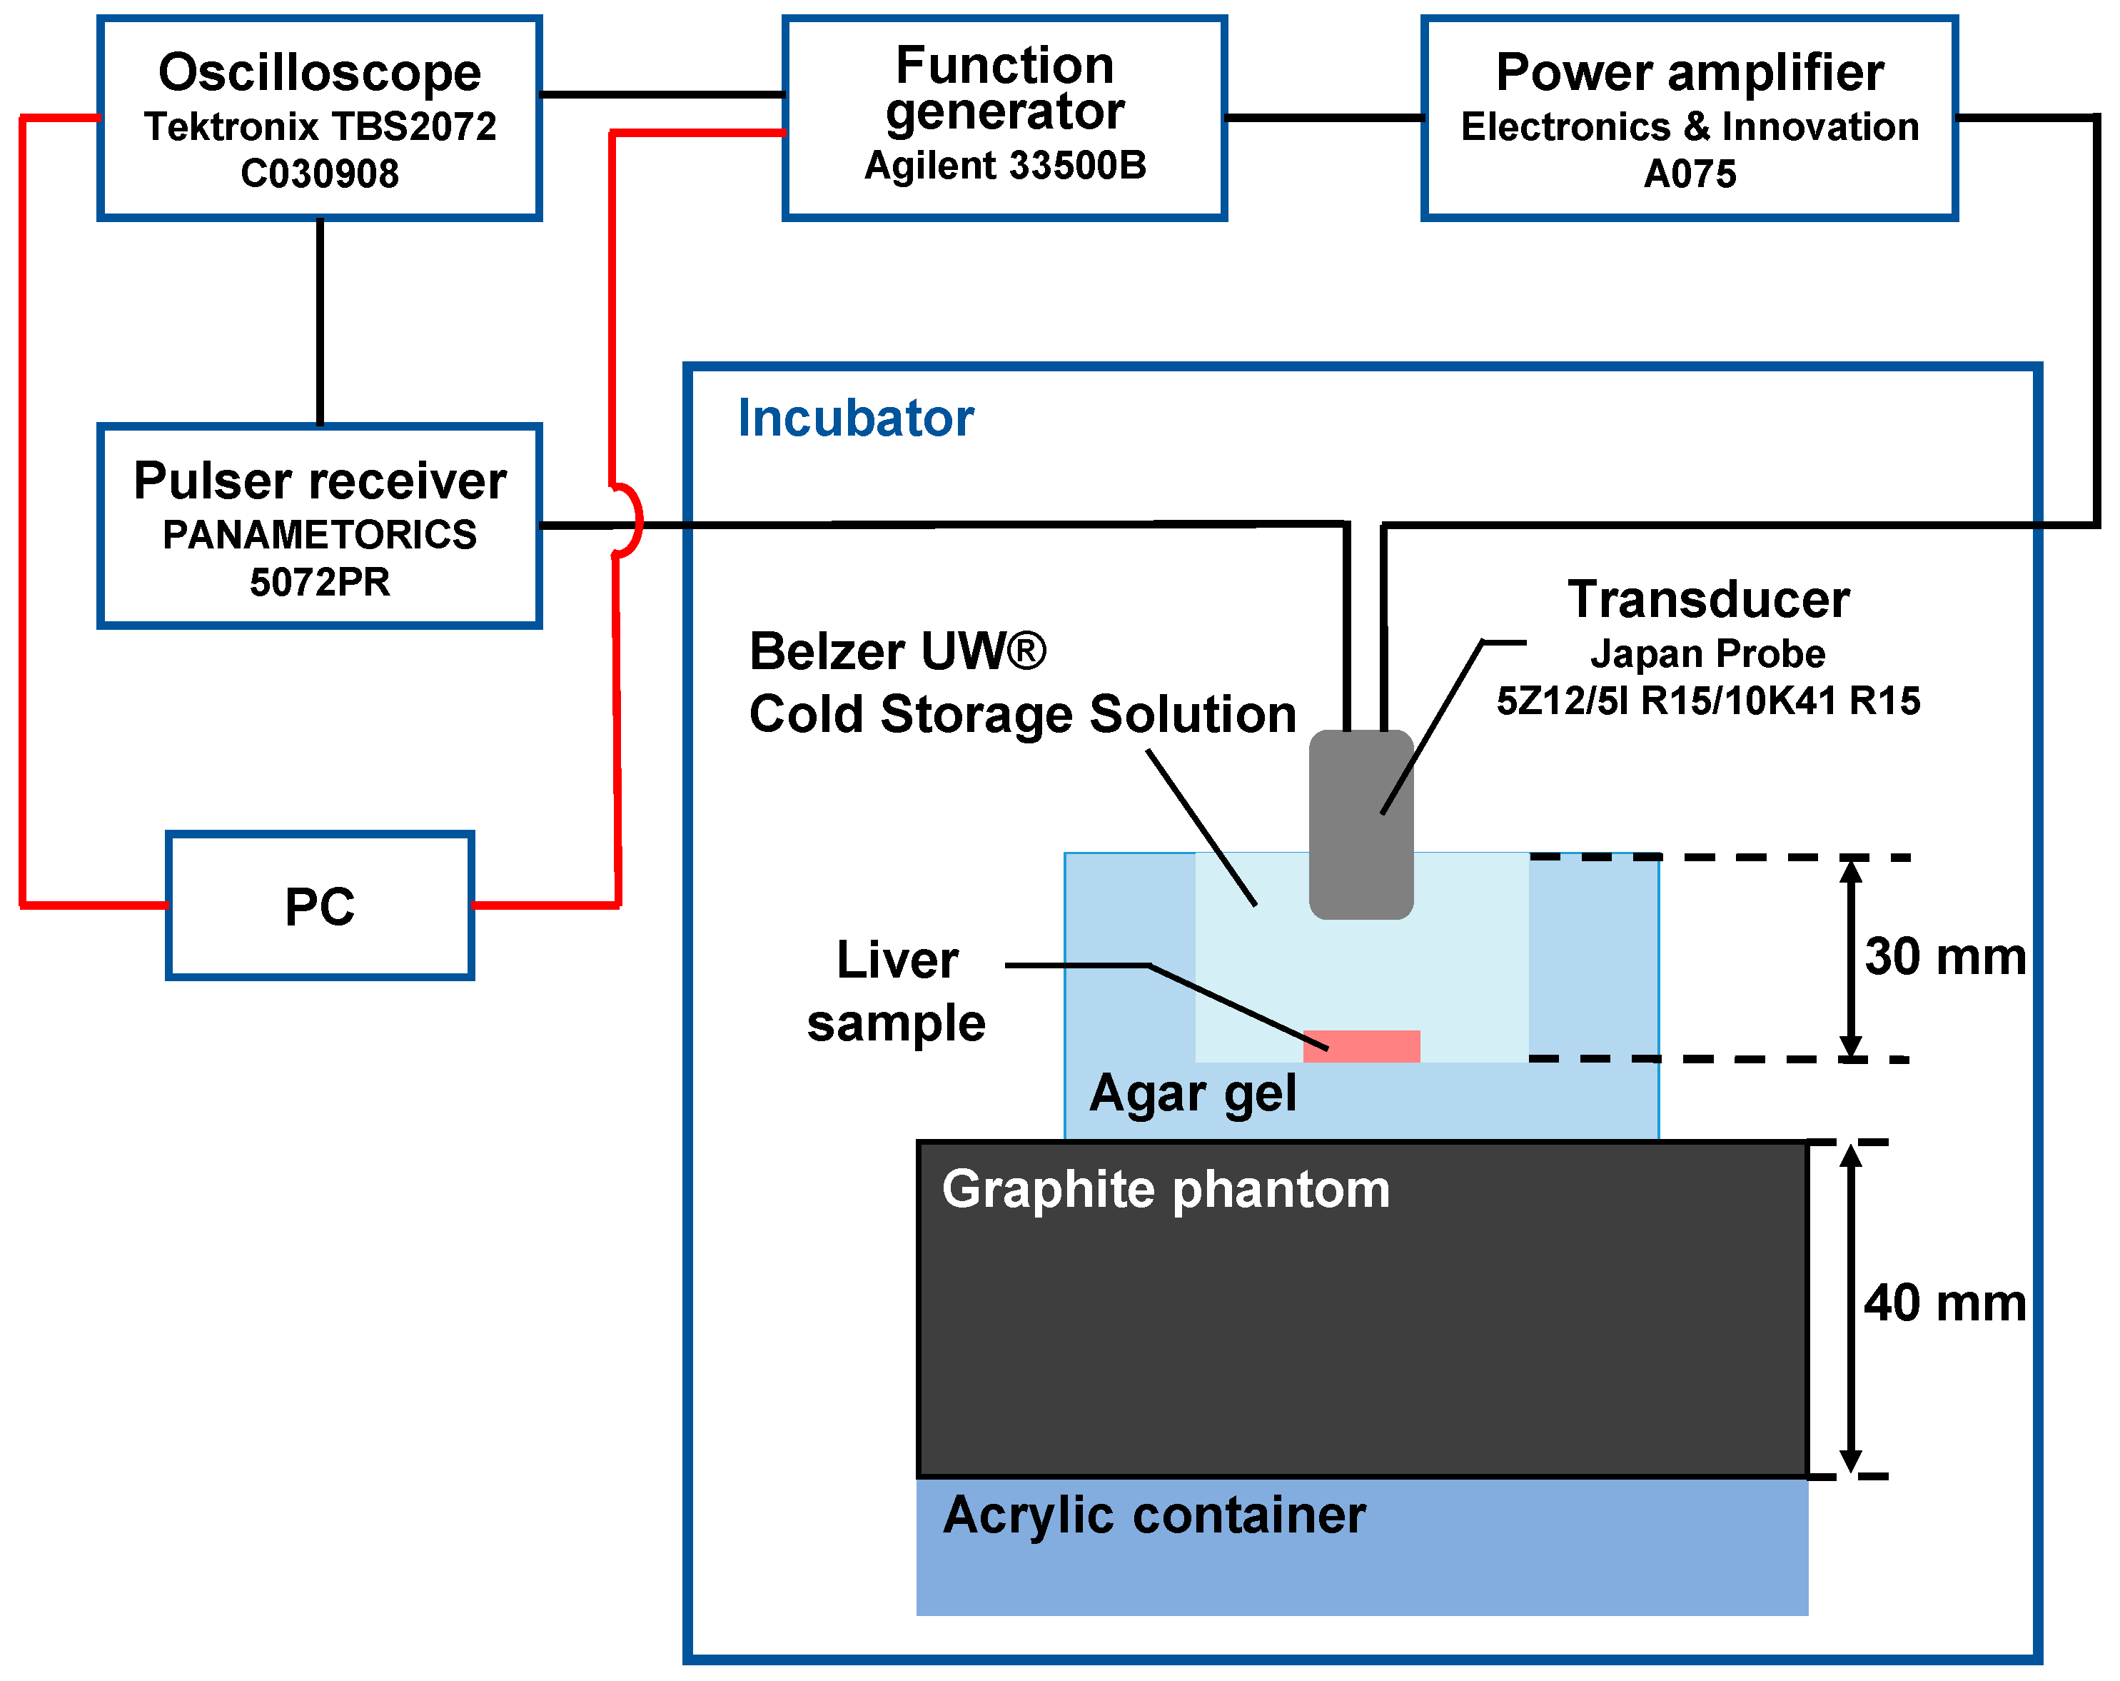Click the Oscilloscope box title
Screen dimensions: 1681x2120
(x=320, y=73)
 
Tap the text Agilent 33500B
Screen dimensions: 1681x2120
(x=1005, y=165)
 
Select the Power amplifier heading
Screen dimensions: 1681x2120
(x=1690, y=73)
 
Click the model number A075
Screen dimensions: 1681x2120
(x=1690, y=174)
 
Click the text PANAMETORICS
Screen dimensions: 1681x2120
(x=320, y=535)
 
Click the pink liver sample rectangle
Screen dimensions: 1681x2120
(x=1361, y=1045)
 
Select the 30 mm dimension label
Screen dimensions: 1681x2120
(x=1944, y=957)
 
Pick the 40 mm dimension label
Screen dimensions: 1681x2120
(x=1944, y=1303)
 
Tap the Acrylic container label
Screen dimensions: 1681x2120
(x=1154, y=1515)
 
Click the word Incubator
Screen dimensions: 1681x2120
(x=855, y=418)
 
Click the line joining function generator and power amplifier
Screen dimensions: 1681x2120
(x=1325, y=118)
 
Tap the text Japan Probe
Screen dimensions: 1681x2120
(x=1708, y=654)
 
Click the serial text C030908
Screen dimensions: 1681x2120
(x=320, y=174)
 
